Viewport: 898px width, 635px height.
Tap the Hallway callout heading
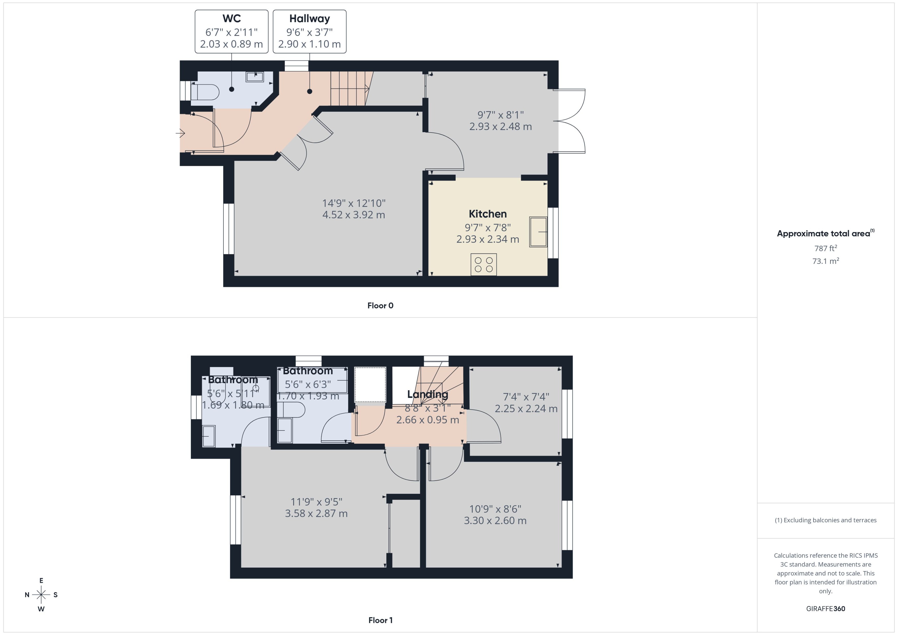309,19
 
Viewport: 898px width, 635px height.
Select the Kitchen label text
487,214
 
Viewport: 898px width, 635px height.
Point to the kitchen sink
538,232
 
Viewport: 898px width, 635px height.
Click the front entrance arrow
180,134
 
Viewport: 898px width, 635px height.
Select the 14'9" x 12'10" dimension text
354,203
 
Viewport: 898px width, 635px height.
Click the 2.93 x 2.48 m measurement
501,127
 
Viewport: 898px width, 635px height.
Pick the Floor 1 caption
380,620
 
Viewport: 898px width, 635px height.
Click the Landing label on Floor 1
427,394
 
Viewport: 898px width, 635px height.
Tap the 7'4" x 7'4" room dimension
526,397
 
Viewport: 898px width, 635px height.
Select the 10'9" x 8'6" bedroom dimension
495,509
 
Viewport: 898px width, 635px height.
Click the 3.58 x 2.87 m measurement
316,513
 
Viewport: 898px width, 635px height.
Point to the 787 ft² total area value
826,248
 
